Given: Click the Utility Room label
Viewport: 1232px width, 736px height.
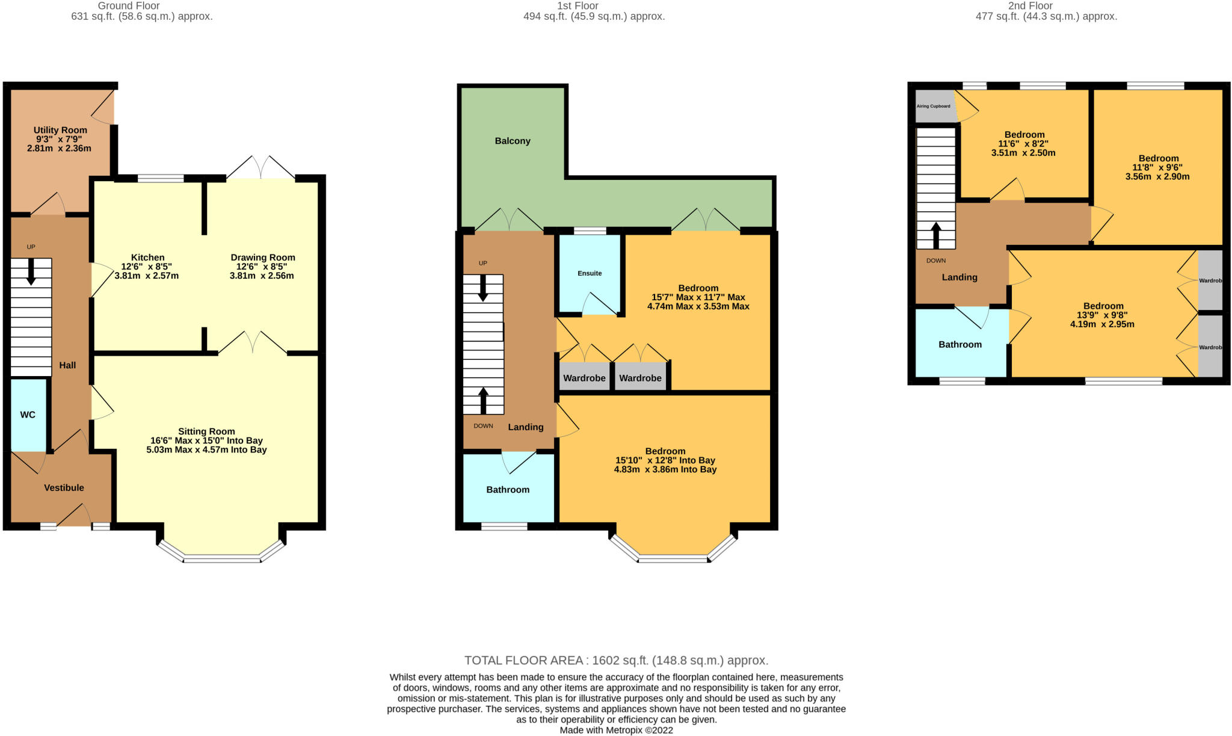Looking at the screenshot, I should pos(60,130).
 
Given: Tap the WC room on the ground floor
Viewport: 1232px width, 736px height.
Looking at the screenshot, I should pos(28,415).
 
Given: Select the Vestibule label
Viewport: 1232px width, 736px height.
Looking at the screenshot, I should pos(64,487).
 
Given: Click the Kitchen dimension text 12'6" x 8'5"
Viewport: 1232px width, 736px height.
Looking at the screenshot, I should pos(147,267).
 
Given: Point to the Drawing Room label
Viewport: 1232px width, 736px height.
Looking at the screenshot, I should pos(263,258).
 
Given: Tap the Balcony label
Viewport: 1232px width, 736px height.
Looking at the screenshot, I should pos(513,141).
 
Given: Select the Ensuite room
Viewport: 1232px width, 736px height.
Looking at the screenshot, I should pos(590,273).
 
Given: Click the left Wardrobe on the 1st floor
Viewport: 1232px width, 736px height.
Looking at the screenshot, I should pos(584,378).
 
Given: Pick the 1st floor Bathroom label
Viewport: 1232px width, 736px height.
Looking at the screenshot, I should pos(508,489).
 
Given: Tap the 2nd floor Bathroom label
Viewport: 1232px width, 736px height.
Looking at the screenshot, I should pos(960,344).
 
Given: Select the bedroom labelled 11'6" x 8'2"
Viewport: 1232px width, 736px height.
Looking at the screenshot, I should pos(1024,144).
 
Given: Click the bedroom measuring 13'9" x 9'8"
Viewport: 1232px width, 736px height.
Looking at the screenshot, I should pos(1103,315).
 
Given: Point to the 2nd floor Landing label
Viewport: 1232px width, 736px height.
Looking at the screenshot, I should pos(959,277).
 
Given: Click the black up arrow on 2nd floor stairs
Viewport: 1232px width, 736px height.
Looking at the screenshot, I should pos(936,235).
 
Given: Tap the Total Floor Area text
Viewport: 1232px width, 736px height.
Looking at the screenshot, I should pos(616,660).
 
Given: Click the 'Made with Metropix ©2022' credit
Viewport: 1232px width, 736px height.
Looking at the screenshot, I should pos(616,730).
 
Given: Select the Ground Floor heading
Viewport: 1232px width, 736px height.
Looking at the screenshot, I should pos(129,5).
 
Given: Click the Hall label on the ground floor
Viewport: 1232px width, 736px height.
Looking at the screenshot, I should pos(67,365).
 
